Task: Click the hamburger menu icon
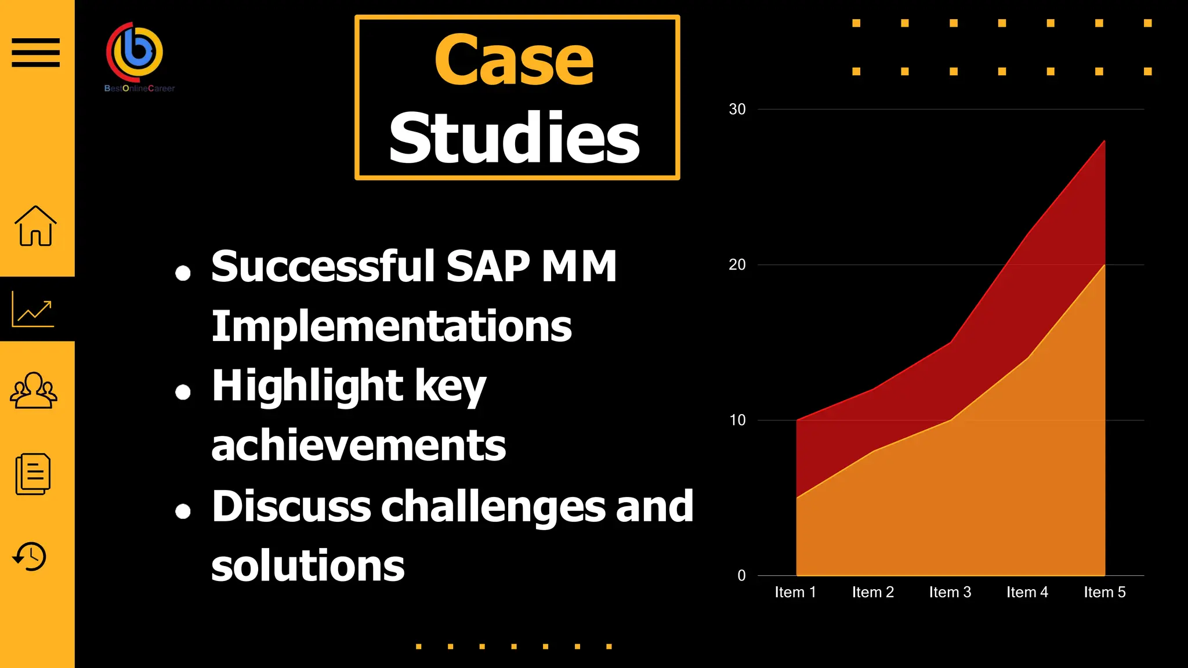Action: pyautogui.click(x=35, y=52)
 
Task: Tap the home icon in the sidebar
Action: pyautogui.click(x=35, y=226)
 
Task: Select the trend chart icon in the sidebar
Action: pyautogui.click(x=33, y=309)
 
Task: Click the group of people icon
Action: pyautogui.click(x=34, y=390)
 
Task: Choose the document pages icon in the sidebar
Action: pyautogui.click(x=33, y=474)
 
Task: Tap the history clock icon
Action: pyautogui.click(x=30, y=557)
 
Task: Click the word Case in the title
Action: pyautogui.click(x=514, y=60)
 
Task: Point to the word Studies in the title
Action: pyautogui.click(x=514, y=138)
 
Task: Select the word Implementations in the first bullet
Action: pyautogui.click(x=392, y=326)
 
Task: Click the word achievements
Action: pyautogui.click(x=358, y=445)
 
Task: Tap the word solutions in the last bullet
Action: pyautogui.click(x=307, y=566)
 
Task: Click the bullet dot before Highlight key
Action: pyautogui.click(x=183, y=393)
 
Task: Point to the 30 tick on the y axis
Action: pyautogui.click(x=737, y=109)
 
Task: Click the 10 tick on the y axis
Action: pyautogui.click(x=737, y=420)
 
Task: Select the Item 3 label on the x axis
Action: pyautogui.click(x=950, y=592)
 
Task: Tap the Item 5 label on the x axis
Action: pyautogui.click(x=1104, y=592)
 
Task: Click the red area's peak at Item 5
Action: pyautogui.click(x=1104, y=141)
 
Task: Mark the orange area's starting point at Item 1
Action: pyautogui.click(x=797, y=498)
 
